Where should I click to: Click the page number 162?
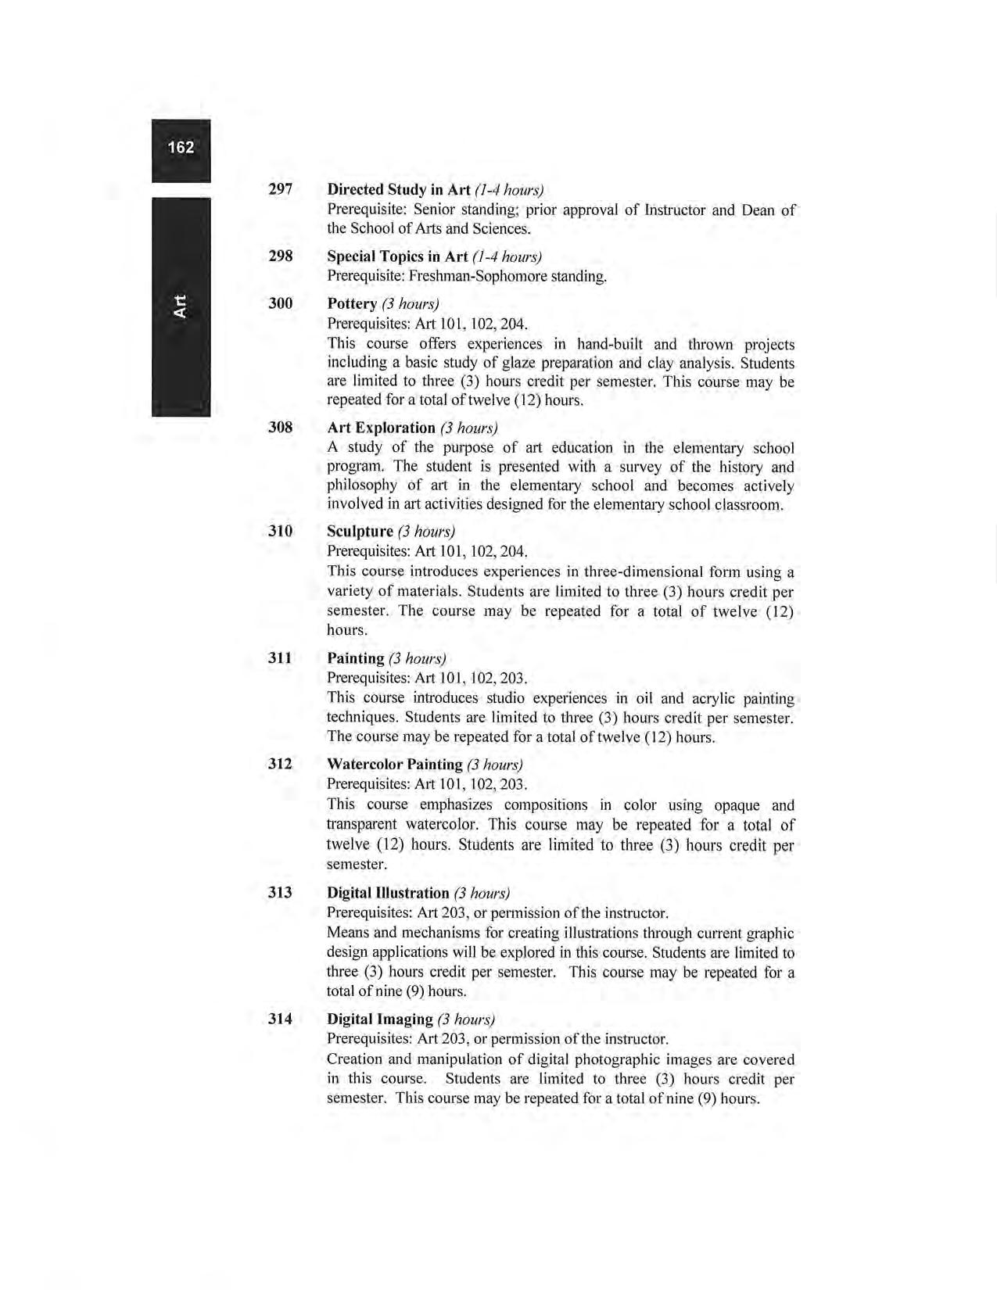pos(181,147)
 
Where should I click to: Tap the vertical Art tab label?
pos(181,306)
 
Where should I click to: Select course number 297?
pos(280,189)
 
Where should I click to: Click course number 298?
pos(280,256)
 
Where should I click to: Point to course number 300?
pos(280,303)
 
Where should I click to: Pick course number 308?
pos(280,427)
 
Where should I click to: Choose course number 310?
pos(280,531)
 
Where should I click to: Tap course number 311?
pos(280,658)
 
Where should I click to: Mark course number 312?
pos(280,763)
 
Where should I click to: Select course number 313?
pos(280,892)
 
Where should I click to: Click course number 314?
pos(280,1019)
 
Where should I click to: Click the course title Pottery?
pos(352,303)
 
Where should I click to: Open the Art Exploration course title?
pos(381,428)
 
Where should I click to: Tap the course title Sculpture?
pos(360,532)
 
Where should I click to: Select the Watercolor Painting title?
pos(395,764)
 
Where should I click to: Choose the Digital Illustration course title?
pos(388,893)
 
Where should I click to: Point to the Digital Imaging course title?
pos(379,1019)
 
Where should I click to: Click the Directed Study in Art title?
pos(399,190)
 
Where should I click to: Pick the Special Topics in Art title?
pos(397,256)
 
